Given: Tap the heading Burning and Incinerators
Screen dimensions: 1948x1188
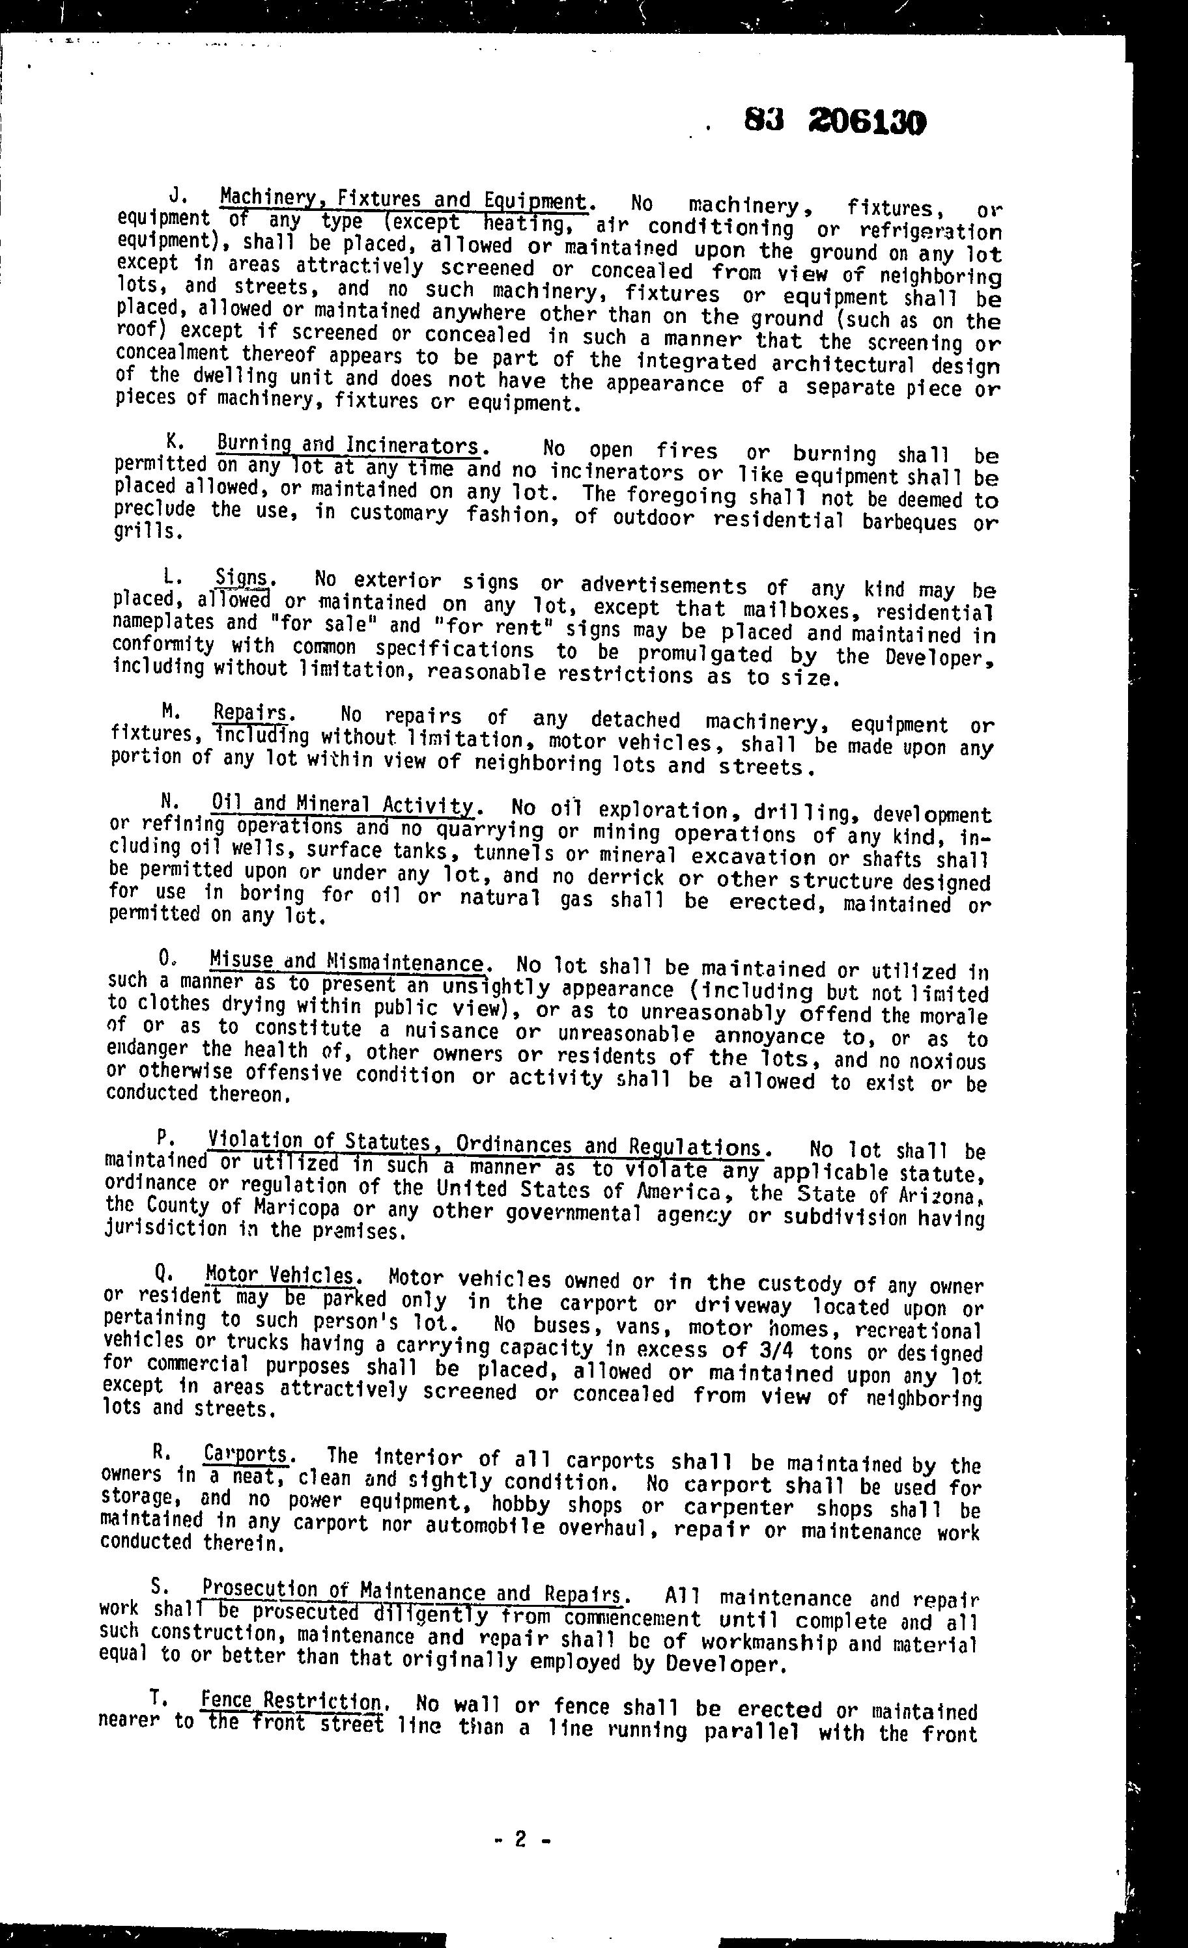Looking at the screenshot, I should (x=348, y=446).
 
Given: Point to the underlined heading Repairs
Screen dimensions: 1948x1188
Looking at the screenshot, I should (x=250, y=712).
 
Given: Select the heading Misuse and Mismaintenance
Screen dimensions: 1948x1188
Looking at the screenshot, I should (x=346, y=962).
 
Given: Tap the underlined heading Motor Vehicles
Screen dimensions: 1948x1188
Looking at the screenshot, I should (x=281, y=1275).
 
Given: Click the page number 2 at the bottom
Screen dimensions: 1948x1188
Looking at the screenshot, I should (x=520, y=1840).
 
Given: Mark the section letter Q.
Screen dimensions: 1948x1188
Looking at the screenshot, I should (x=162, y=1273).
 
